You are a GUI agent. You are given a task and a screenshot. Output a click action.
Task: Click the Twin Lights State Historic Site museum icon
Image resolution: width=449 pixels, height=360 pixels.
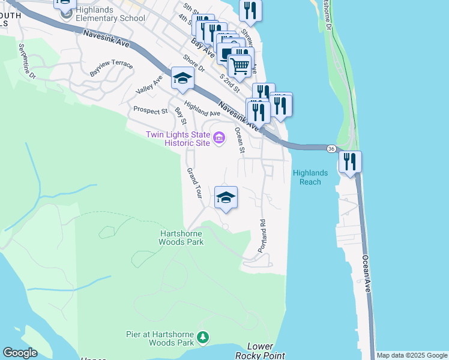218,139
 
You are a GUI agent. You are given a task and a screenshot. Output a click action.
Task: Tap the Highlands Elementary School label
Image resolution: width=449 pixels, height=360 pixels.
110,18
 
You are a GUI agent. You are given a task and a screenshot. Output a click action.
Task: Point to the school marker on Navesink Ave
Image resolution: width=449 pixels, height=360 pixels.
182,79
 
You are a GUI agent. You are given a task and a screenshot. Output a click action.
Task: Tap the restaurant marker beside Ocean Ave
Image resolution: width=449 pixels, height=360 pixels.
350,161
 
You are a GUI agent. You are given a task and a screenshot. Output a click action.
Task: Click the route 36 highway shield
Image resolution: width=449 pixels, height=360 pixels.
331,148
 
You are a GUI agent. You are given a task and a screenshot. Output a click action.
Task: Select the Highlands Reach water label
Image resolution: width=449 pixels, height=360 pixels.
310,177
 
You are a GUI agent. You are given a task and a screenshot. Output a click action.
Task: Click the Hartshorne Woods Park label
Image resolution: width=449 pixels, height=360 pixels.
181,238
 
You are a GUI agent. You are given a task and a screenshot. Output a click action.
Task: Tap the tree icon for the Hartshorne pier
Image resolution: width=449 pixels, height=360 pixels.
203,338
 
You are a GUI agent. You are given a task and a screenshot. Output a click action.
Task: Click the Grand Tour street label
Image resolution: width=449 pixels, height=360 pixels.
193,184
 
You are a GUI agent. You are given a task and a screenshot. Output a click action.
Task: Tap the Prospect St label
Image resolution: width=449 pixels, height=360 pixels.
150,110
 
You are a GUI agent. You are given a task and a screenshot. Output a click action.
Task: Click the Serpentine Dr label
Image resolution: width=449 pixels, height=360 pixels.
28,62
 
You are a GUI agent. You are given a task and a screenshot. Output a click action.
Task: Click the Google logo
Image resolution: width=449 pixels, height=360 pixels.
20,353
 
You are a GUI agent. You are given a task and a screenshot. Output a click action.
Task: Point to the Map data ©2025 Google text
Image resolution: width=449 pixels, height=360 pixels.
412,355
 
